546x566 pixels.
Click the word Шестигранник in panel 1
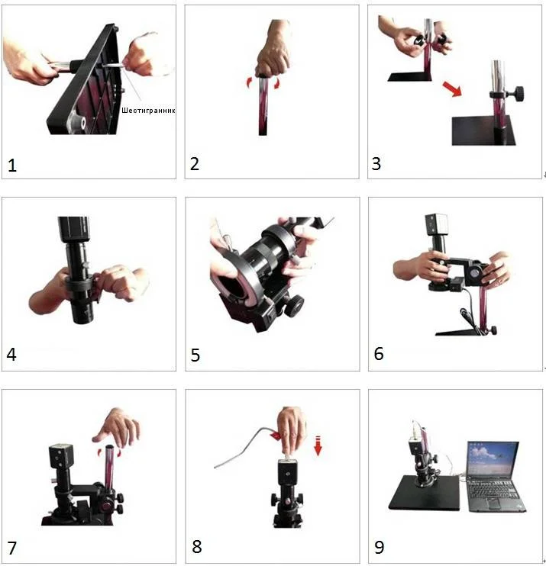click(148, 111)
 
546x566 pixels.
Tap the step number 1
click(12, 166)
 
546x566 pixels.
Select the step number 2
click(195, 164)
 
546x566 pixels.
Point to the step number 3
click(376, 164)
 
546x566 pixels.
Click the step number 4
click(11, 355)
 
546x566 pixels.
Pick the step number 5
click(195, 355)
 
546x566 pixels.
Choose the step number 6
click(379, 354)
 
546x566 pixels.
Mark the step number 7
click(12, 548)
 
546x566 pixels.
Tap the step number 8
click(196, 546)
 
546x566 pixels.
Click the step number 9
click(380, 547)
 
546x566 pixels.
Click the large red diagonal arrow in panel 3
click(452, 88)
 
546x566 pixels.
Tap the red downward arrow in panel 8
click(318, 445)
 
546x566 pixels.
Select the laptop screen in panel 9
click(493, 458)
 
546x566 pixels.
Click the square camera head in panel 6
click(437, 224)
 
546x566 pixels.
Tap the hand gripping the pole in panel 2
click(273, 50)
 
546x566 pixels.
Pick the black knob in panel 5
click(295, 305)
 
